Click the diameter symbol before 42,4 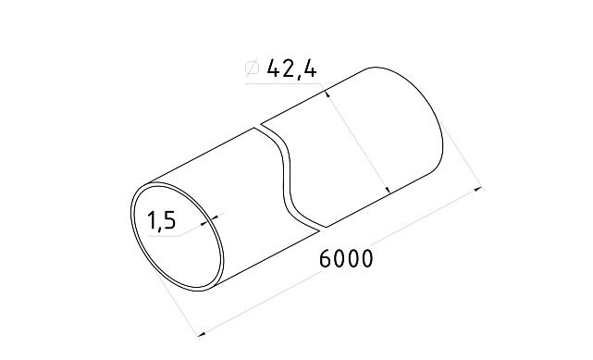(x=250, y=68)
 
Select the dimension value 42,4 (x=290, y=68)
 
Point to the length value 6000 (x=346, y=259)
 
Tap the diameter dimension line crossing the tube (x=359, y=140)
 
